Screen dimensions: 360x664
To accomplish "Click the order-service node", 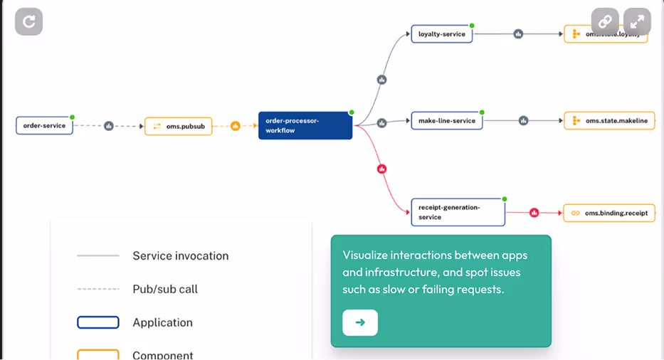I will coord(44,126).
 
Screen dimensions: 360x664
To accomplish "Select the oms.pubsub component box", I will coord(178,127).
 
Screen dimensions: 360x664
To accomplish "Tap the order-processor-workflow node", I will coord(305,125).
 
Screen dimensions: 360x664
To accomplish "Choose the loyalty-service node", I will coord(441,34).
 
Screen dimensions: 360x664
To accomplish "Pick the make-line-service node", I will coord(446,121).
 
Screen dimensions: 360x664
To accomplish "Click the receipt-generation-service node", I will coord(458,212).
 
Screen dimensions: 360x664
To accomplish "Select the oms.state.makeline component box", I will coord(610,121).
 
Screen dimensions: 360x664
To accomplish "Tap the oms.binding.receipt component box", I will coord(609,213).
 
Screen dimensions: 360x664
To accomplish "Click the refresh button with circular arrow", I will coord(28,22).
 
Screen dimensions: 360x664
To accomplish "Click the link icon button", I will coord(605,22).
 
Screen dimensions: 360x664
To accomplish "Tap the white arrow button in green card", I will coord(360,322).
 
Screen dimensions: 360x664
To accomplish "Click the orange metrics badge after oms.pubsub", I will coord(236,126).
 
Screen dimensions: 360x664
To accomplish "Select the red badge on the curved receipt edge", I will coord(382,169).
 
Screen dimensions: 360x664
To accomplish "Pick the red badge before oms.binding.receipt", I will coord(534,212).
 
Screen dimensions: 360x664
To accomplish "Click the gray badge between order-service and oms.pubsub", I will coord(109,126).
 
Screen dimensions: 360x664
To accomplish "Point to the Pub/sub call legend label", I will coord(165,289).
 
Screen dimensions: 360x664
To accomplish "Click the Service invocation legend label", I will coord(181,255).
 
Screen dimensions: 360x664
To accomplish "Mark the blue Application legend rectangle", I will coord(98,322).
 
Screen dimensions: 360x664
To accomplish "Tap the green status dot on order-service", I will coord(73,117).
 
